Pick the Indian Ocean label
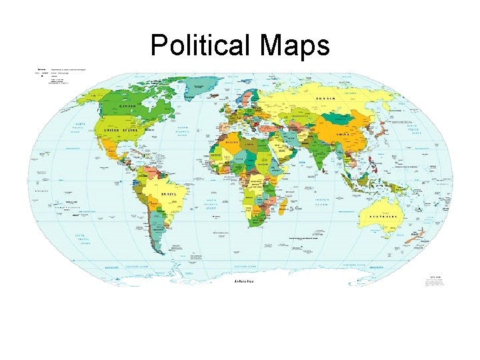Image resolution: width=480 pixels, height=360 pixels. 323,202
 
